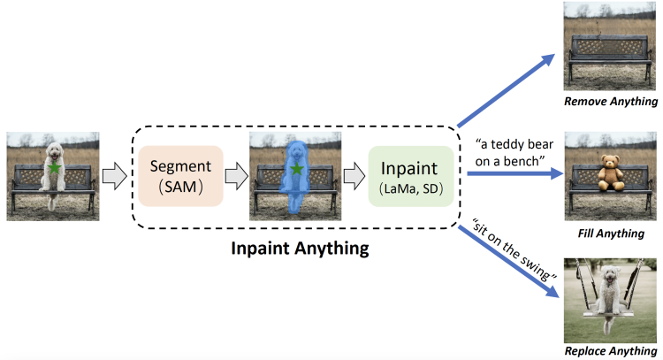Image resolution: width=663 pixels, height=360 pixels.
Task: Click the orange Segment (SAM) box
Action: tap(180, 176)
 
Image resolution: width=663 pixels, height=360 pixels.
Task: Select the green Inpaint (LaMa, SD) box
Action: tap(410, 176)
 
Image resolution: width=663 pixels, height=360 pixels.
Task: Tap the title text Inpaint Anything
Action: tap(298, 249)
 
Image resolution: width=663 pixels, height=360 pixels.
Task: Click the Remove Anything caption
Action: tap(611, 102)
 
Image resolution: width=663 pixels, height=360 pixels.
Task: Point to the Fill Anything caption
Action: tap(611, 233)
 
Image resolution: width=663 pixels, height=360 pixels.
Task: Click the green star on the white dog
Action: tap(55, 167)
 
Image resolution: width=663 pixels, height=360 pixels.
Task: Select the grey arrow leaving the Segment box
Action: tap(236, 176)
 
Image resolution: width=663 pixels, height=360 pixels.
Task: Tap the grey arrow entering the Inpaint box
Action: tap(354, 176)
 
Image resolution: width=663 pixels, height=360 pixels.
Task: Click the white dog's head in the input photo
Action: tap(55, 150)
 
